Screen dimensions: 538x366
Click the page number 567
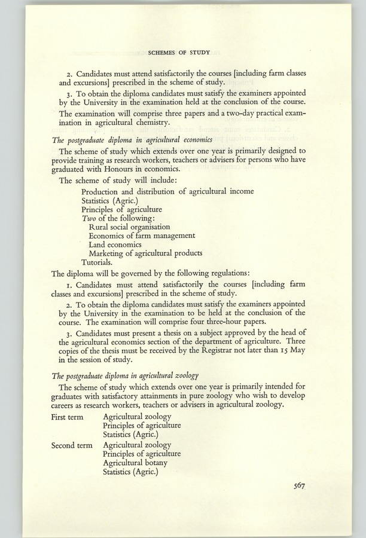tap(300, 485)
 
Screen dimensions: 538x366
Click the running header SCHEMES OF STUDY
tap(182, 51)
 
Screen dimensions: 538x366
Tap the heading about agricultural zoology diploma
tap(125, 375)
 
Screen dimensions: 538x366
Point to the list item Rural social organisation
tap(129, 227)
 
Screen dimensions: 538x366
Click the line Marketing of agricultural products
tap(145, 253)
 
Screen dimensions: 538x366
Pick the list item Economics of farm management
tap(142, 236)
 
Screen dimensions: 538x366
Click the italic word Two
tap(89, 218)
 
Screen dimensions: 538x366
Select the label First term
tap(67, 416)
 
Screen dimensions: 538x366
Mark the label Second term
tap(71, 445)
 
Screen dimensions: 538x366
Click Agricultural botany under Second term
tap(135, 463)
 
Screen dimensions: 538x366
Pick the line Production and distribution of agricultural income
tap(167, 191)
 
